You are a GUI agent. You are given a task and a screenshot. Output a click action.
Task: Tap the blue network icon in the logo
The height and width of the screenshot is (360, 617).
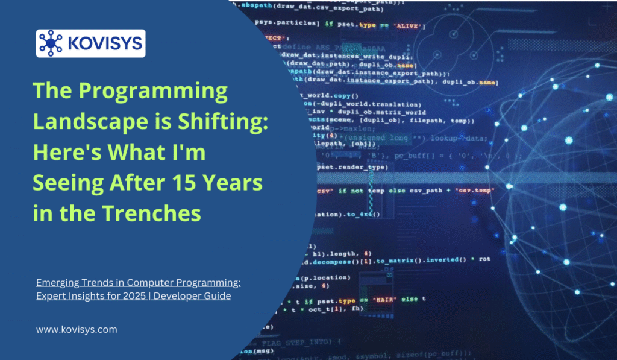point(51,43)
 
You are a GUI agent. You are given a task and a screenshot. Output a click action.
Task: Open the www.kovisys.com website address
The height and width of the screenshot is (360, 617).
point(77,330)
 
